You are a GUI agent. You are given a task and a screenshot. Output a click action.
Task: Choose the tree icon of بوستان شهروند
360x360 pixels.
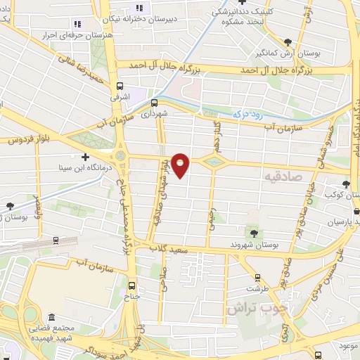tap(253, 233)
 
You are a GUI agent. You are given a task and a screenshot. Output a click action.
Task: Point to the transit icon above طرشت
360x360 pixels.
tap(258, 277)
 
